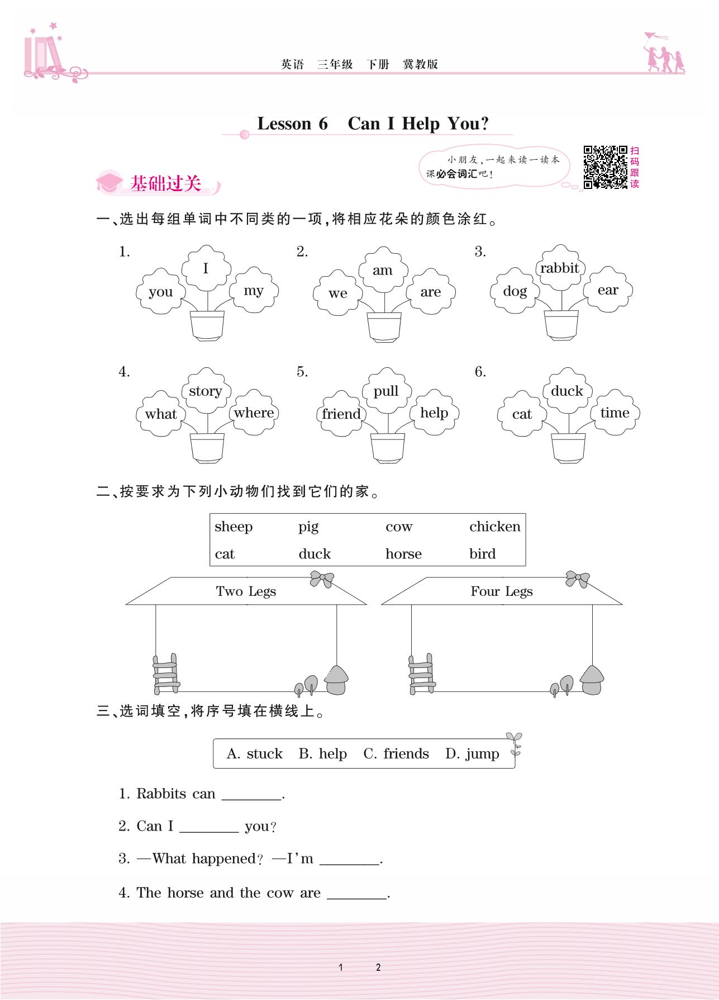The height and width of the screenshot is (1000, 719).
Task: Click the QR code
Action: click(x=605, y=167)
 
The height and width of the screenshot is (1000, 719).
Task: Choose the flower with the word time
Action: click(x=615, y=413)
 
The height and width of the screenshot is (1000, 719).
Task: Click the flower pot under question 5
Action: click(x=388, y=448)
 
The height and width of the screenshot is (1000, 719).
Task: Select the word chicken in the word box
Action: click(x=494, y=527)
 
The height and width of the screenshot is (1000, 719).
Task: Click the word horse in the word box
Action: click(x=403, y=554)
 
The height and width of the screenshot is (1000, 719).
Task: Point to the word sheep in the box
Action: click(x=234, y=527)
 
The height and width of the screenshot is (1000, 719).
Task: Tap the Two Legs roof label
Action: click(x=246, y=591)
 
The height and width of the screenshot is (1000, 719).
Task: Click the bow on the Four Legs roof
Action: click(x=577, y=579)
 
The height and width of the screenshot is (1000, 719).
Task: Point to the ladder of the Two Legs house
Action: click(x=166, y=674)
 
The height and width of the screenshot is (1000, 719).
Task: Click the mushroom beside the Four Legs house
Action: click(x=592, y=680)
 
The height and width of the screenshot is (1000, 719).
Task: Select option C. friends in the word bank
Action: click(x=396, y=754)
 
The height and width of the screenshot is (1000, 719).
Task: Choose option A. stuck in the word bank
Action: click(x=255, y=754)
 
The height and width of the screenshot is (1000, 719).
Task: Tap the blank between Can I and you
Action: click(x=209, y=827)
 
